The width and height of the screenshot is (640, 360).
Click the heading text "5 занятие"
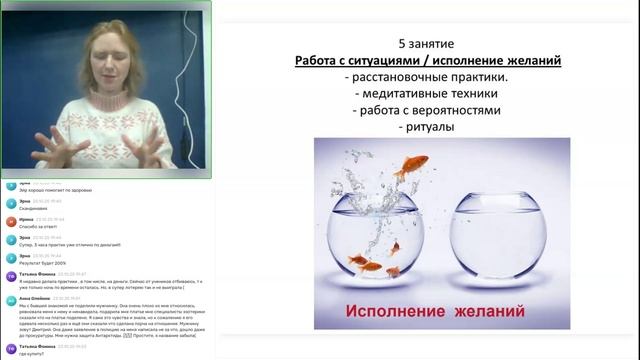[427, 45]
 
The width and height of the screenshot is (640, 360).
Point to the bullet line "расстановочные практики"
[426, 77]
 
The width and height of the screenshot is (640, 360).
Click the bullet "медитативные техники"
[427, 94]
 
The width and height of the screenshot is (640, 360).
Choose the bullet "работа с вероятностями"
[427, 110]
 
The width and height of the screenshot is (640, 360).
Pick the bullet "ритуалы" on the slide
[427, 127]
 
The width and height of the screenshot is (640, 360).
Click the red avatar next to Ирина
[10, 220]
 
